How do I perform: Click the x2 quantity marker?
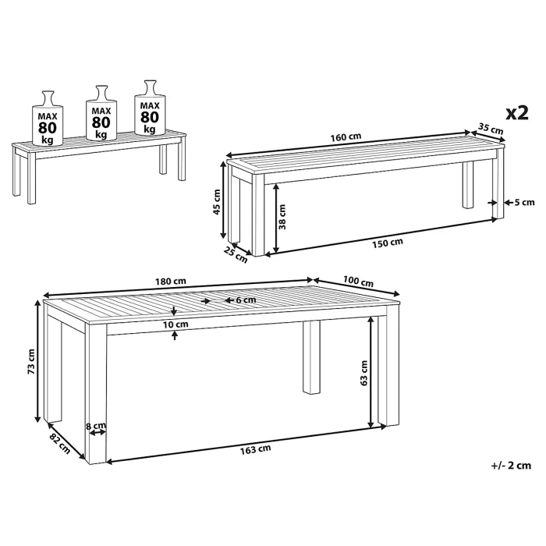click(516, 113)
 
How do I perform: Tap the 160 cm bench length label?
click(346, 137)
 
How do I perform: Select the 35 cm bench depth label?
click(491, 129)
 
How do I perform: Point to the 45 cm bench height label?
click(217, 201)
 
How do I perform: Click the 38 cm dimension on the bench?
click(282, 217)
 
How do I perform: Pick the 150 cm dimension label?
click(387, 243)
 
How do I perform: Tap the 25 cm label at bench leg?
click(236, 254)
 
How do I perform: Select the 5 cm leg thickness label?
click(524, 202)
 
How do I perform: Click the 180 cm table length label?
click(170, 281)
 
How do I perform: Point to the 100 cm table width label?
click(358, 281)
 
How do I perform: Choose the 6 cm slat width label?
click(246, 300)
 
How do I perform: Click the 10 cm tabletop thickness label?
click(175, 324)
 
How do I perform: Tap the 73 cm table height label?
click(31, 361)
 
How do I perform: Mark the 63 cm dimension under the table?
click(363, 373)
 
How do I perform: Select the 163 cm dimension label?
click(255, 449)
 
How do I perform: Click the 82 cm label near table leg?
click(59, 443)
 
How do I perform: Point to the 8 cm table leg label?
click(96, 425)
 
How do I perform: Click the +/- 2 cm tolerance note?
click(511, 465)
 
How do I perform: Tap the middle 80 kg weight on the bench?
click(101, 112)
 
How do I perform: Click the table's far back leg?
click(311, 357)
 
